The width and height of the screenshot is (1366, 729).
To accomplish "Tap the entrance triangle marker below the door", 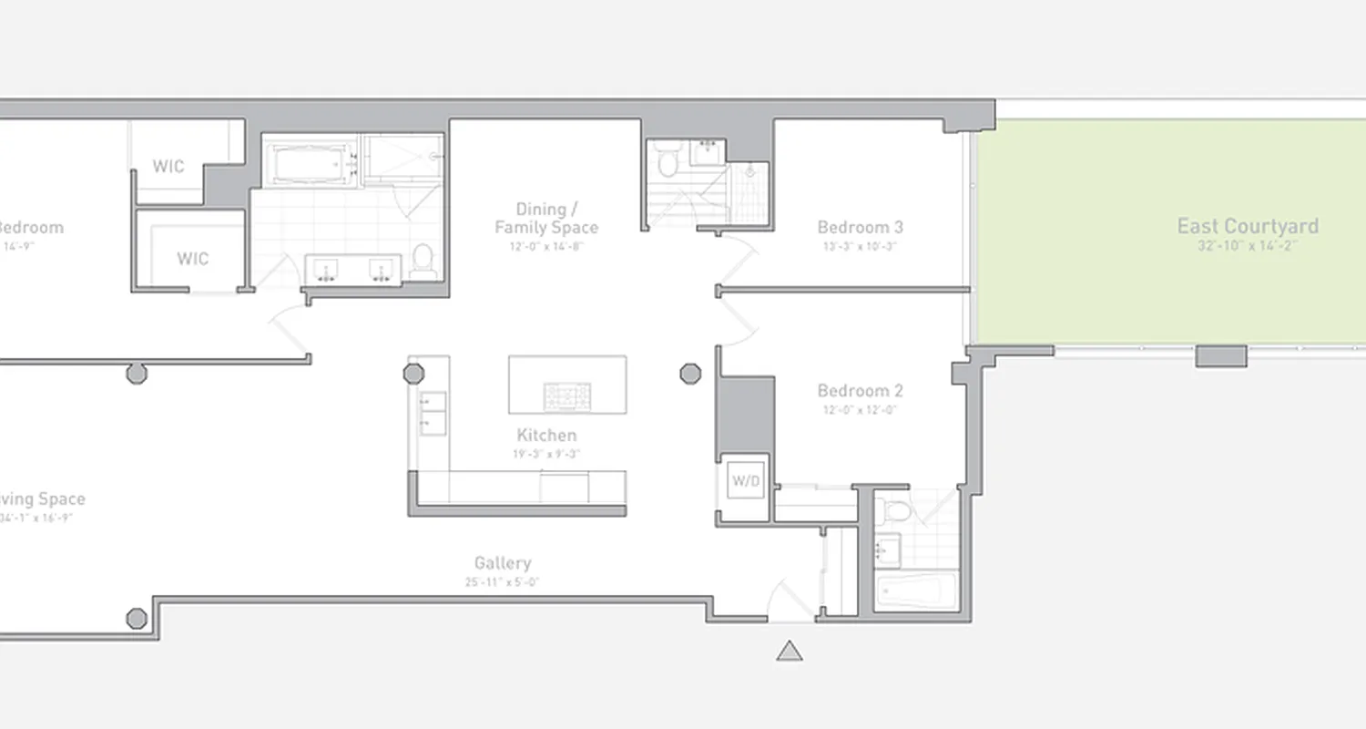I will tap(789, 651).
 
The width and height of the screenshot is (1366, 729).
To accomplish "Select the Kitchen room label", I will tap(546, 436).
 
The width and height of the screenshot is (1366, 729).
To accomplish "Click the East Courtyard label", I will tap(1247, 226).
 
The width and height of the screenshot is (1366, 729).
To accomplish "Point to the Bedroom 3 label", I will tap(860, 228).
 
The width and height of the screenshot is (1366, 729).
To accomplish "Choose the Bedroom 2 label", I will tap(860, 391).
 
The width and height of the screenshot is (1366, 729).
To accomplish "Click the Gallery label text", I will tap(503, 563).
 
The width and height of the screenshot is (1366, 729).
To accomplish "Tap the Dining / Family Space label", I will tap(546, 219).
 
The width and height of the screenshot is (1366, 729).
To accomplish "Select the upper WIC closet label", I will tap(168, 167).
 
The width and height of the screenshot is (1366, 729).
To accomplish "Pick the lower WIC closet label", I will tap(192, 259).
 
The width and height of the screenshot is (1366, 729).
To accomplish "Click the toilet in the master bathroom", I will tap(422, 260).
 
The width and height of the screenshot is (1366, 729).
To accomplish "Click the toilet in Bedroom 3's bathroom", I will tap(667, 160).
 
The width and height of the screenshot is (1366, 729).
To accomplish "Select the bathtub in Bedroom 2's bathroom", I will tap(916, 591).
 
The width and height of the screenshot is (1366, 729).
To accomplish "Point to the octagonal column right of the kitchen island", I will tap(690, 373).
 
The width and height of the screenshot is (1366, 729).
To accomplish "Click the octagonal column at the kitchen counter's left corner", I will tap(413, 373).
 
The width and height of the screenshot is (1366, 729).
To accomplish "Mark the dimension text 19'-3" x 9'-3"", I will tap(546, 453).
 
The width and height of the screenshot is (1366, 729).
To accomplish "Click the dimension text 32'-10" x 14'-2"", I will tap(1247, 246).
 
